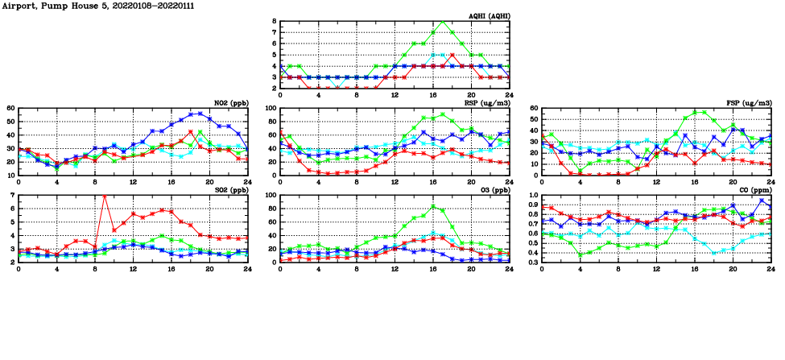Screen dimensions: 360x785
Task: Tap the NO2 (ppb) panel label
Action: click(x=229, y=103)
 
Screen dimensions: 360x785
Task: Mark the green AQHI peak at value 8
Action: click(x=443, y=22)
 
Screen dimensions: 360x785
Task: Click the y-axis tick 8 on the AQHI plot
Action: click(x=274, y=22)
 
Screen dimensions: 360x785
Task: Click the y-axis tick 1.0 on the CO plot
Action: click(x=533, y=196)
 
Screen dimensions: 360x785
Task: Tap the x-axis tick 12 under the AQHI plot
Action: click(x=395, y=95)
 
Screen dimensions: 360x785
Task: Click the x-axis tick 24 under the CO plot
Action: click(x=771, y=268)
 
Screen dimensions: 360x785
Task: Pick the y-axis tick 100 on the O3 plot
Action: click(x=270, y=196)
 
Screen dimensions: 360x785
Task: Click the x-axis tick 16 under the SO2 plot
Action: click(x=171, y=268)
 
